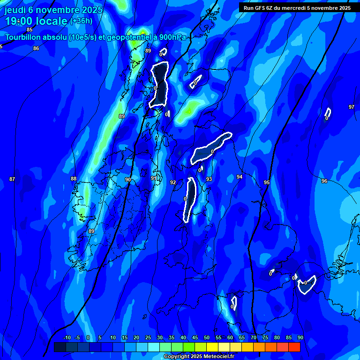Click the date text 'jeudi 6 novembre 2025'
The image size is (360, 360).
pyautogui.click(x=53, y=10)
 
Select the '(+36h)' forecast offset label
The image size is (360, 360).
pyautogui.click(x=81, y=21)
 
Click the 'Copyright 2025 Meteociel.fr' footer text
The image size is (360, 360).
pyautogui.click(x=199, y=357)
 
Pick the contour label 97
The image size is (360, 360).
pyautogui.click(x=352, y=107)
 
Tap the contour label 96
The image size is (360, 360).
pyautogui.click(x=324, y=181)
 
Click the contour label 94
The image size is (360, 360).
pyautogui.click(x=240, y=177)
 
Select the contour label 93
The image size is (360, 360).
pyautogui.click(x=209, y=179)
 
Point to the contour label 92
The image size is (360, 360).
pyautogui.click(x=173, y=182)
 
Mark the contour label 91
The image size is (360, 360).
pyautogui.click(x=154, y=178)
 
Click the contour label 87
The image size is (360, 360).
pyautogui.click(x=12, y=179)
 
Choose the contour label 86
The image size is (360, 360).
pyautogui.click(x=36, y=48)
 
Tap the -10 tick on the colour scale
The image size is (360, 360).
pyautogui.click(x=67, y=337)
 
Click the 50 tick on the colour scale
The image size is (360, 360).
pyautogui.click(x=207, y=337)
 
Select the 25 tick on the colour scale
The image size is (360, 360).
pyautogui.click(x=148, y=337)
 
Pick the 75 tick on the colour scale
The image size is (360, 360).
pyautogui.click(x=265, y=337)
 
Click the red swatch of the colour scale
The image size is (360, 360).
pyautogui.click(x=294, y=347)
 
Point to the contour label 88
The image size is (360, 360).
pyautogui.click(x=74, y=179)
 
